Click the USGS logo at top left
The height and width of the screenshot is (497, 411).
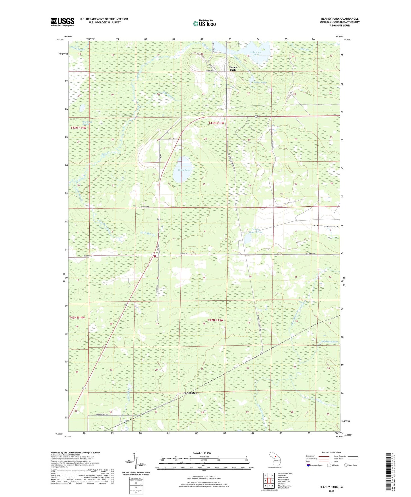click(63, 22)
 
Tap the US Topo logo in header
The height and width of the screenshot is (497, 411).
click(204, 23)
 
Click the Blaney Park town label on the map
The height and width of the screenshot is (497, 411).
click(233, 68)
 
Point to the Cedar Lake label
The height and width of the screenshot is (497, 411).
click(184, 170)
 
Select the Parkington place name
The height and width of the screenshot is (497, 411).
click(190, 393)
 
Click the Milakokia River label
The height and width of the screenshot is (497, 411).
click(329, 341)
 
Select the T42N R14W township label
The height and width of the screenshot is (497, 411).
click(77, 317)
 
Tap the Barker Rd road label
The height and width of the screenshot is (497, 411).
click(145, 207)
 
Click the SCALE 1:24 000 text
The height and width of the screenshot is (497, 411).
click(202, 453)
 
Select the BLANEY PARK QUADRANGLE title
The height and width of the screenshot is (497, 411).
click(340, 19)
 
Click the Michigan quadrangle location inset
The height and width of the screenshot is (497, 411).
click(275, 460)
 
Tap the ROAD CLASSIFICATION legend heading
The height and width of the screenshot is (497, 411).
click(331, 452)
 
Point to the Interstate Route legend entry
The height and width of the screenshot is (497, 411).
click(315, 465)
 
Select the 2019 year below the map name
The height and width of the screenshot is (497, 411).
click(331, 491)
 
